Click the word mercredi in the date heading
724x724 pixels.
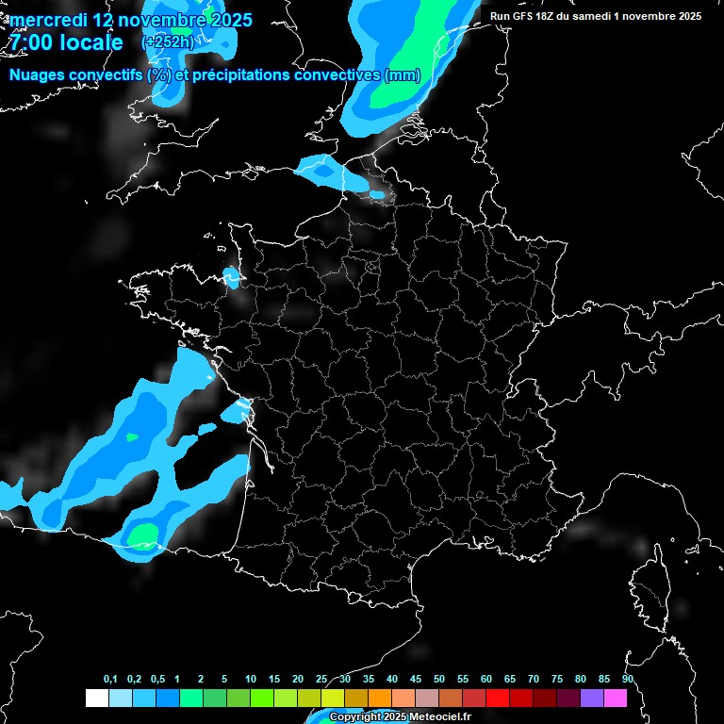49,20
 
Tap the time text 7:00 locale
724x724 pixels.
65,42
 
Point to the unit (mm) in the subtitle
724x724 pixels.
403,75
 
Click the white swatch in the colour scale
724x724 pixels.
96,698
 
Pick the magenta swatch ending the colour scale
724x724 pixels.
616,698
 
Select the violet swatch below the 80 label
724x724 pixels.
592,698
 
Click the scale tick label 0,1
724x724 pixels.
110,680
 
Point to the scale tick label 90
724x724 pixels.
628,680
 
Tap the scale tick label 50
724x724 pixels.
439,680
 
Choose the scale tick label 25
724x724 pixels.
321,680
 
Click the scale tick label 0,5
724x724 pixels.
157,680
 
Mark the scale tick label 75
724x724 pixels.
557,680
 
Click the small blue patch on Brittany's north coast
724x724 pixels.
231,276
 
